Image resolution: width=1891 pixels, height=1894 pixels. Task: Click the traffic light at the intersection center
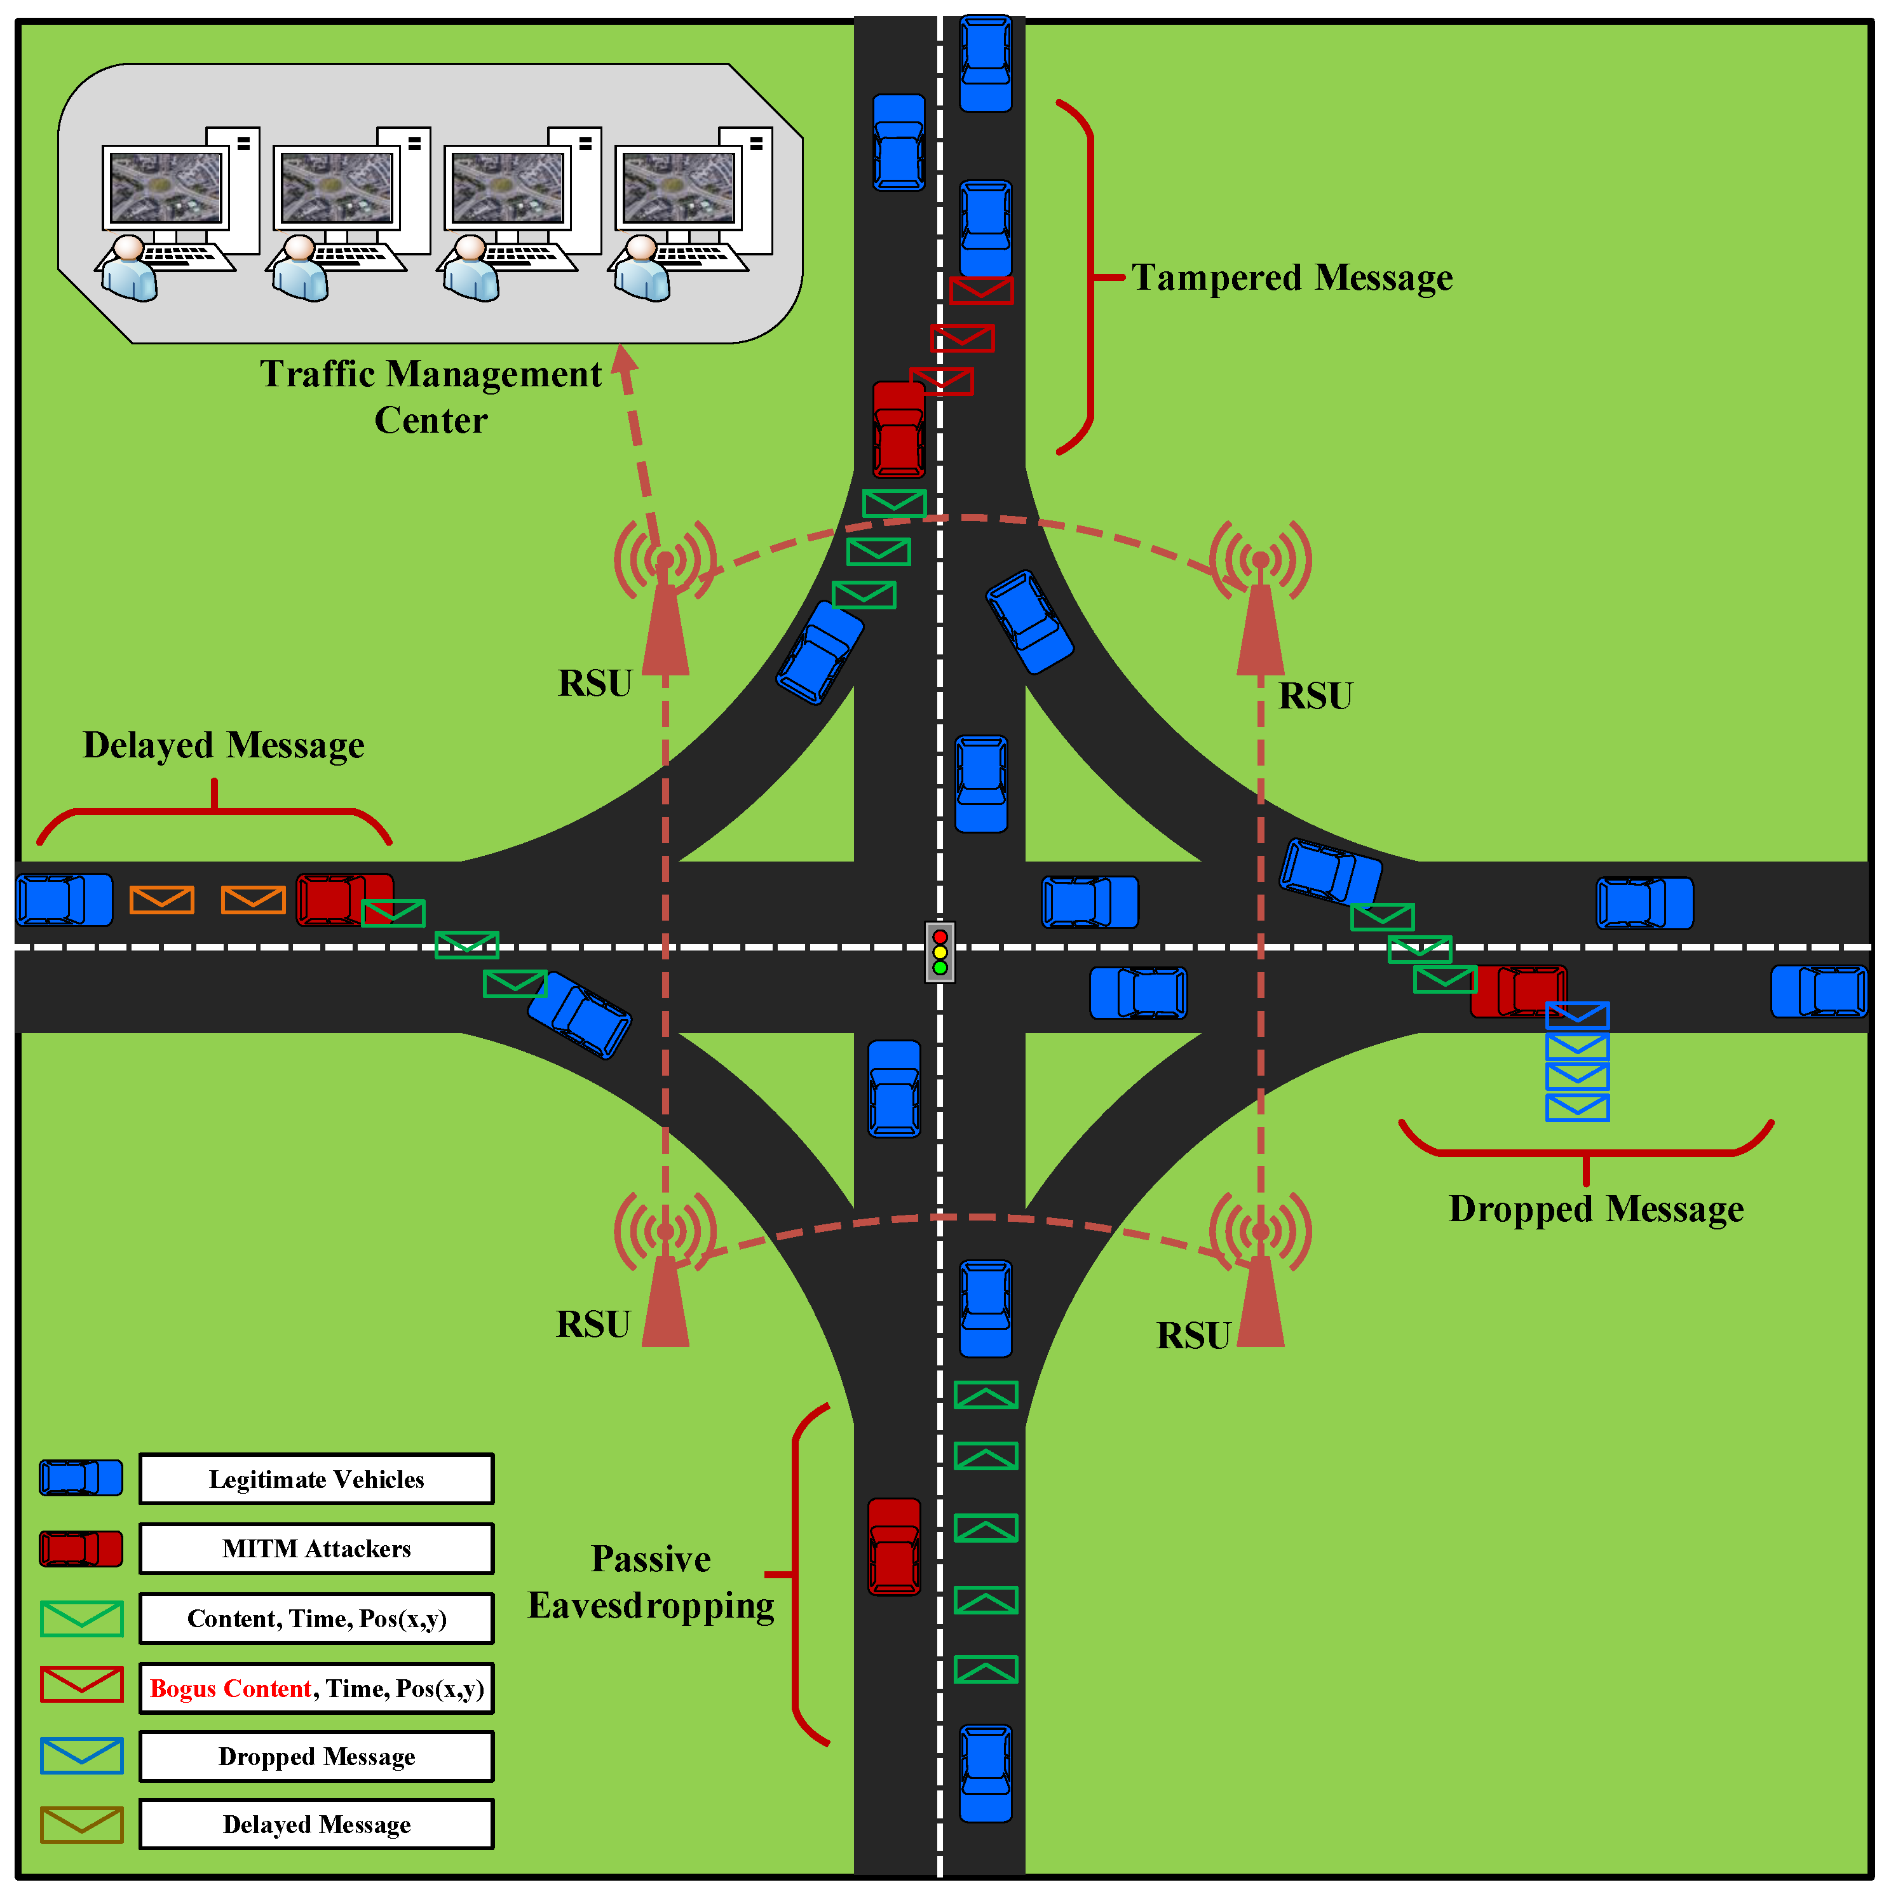[x=939, y=952]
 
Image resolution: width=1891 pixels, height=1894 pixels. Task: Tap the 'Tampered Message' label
[x=1291, y=278]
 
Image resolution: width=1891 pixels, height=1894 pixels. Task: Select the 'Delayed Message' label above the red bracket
[x=224, y=745]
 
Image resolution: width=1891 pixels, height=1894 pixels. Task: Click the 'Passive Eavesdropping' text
[x=651, y=1581]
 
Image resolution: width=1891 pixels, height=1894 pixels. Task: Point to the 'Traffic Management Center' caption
[x=430, y=396]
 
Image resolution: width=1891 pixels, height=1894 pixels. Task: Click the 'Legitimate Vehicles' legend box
[x=316, y=1478]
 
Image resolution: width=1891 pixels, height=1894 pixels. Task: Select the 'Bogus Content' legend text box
[x=316, y=1688]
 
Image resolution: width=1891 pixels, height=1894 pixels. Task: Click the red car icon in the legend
[x=81, y=1549]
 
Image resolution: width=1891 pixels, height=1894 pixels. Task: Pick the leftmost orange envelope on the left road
[x=162, y=899]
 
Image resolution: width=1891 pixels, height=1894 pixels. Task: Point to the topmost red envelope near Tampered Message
[x=980, y=290]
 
